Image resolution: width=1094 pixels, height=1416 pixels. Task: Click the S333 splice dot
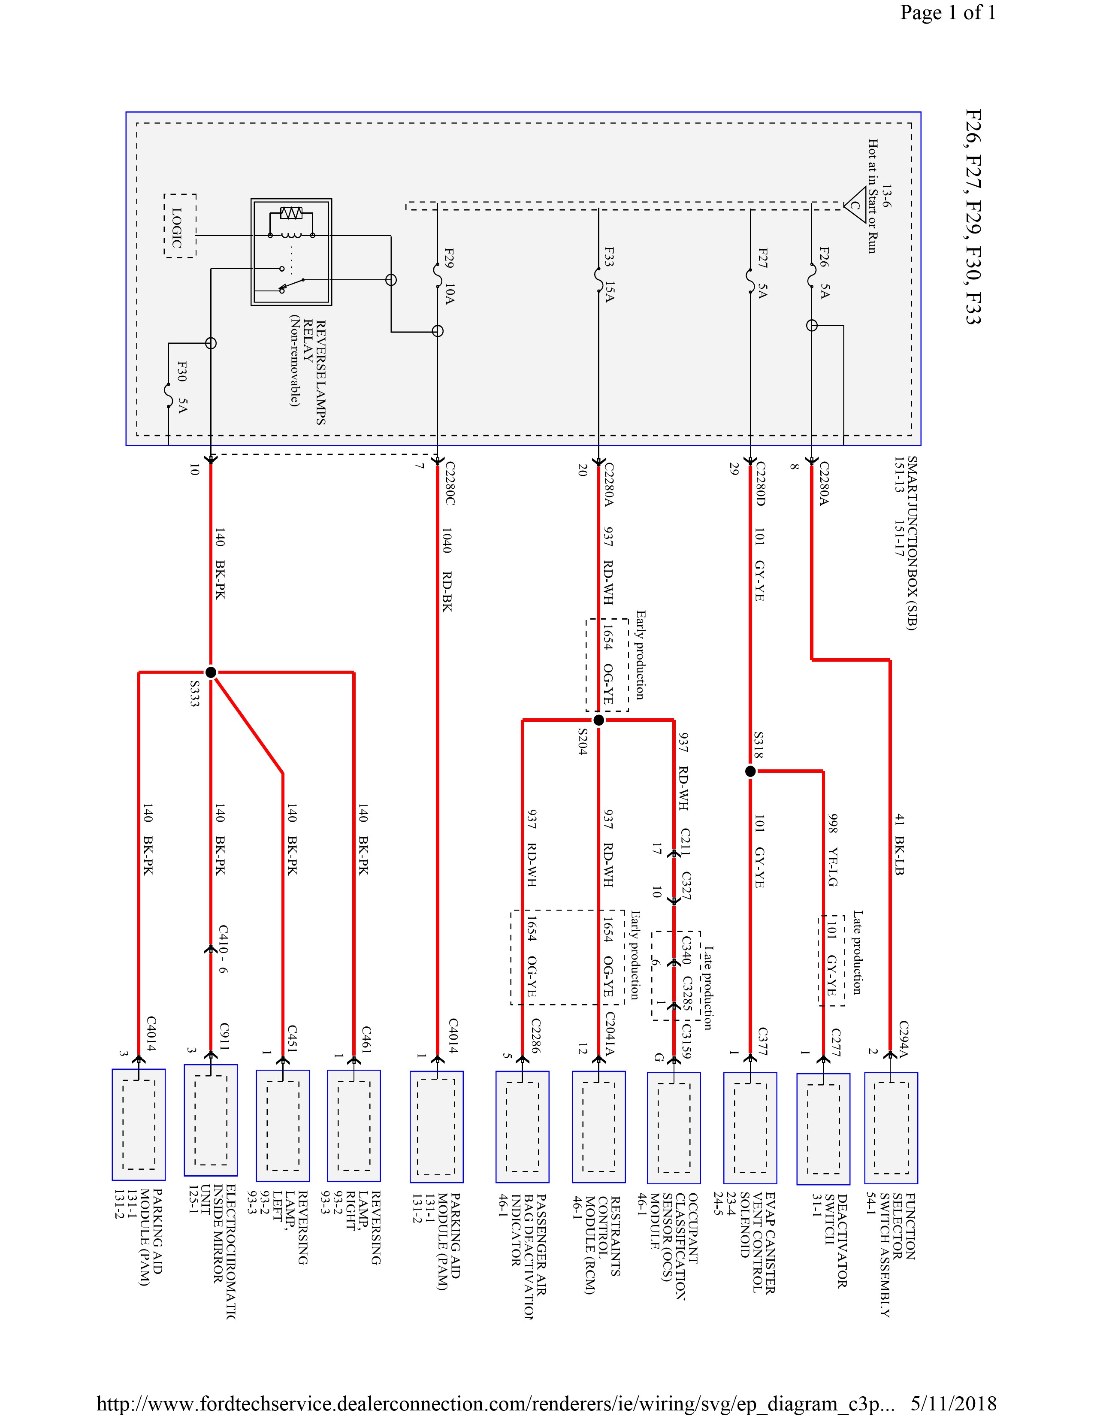(x=211, y=672)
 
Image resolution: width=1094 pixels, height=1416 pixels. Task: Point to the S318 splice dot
(x=750, y=772)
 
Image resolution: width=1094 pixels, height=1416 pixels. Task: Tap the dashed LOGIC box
(x=179, y=226)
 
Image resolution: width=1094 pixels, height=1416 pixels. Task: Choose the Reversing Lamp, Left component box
(x=283, y=1125)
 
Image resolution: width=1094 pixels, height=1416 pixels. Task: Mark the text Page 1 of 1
(x=948, y=13)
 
